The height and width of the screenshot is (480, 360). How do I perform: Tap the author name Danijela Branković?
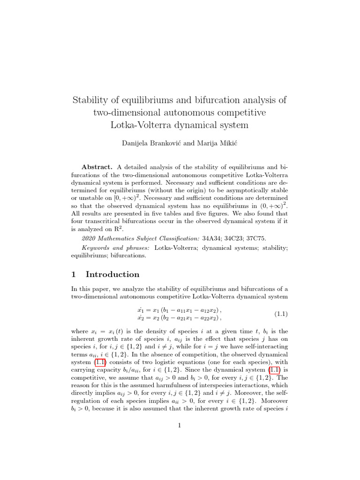coord(148,143)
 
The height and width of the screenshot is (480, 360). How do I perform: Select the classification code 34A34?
coord(211,239)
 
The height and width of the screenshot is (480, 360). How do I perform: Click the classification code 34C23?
coord(237,239)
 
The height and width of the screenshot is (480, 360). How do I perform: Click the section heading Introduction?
coord(112,275)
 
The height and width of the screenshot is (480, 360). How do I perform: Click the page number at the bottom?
coord(180,426)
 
